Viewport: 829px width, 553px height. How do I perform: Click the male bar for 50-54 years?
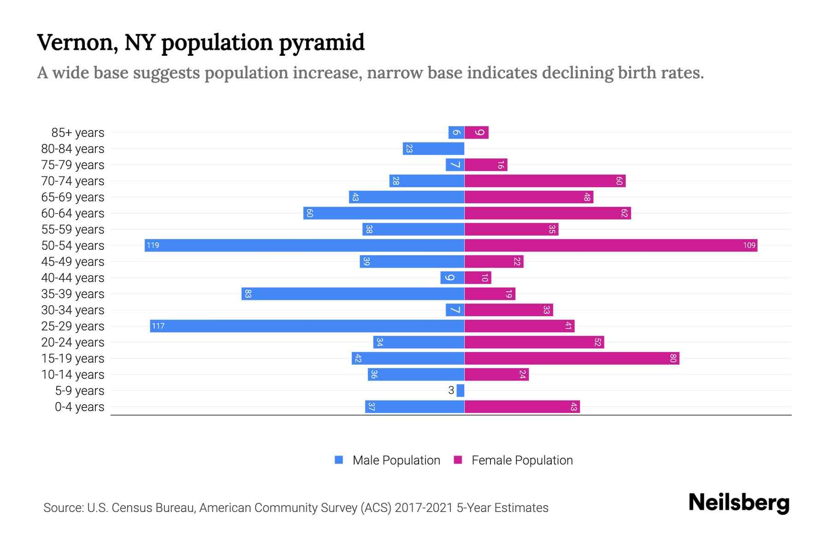pos(304,245)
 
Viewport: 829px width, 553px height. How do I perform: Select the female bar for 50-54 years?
pos(611,245)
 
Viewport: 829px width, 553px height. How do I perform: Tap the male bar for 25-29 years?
pos(307,326)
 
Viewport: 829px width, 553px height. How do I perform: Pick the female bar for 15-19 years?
pos(572,358)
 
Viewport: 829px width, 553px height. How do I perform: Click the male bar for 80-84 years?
pos(433,148)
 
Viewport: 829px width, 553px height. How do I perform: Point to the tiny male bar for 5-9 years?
pos(461,390)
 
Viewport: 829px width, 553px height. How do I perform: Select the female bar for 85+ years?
pos(477,132)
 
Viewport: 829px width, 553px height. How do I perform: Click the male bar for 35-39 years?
pos(353,294)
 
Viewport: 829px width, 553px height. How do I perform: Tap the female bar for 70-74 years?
pos(545,181)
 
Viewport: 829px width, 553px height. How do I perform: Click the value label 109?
pos(749,245)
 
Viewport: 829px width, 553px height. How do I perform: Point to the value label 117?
pos(158,326)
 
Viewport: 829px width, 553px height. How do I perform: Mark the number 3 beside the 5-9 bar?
pos(451,390)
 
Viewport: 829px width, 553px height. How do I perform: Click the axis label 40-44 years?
pos(73,277)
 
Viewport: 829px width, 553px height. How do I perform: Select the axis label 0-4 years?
pos(79,406)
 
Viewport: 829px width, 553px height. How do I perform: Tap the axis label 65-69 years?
pos(73,197)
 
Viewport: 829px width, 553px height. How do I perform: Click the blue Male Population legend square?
pos(339,460)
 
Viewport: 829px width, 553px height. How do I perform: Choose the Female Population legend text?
pos(522,460)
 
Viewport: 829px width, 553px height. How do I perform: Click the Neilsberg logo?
pos(739,502)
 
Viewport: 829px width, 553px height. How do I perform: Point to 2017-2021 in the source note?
pos(424,507)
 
